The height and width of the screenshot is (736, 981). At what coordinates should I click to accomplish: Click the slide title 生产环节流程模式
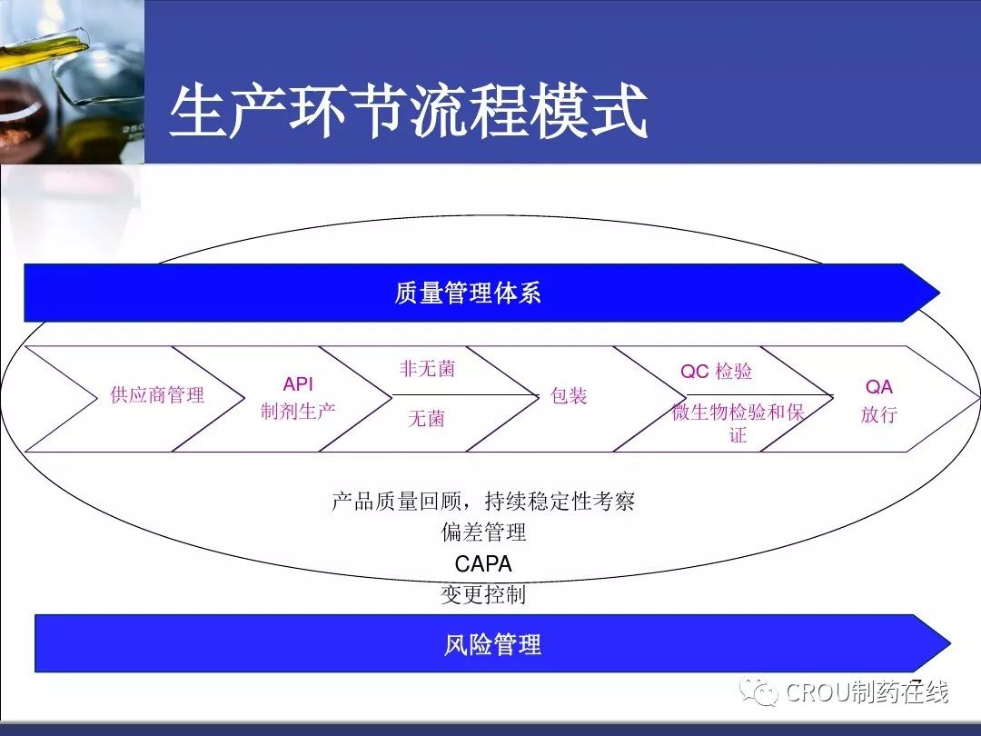click(x=409, y=112)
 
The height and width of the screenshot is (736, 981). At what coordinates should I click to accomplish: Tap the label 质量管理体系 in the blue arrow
click(x=468, y=293)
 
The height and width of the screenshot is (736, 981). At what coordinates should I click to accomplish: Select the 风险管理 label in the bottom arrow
click(x=492, y=644)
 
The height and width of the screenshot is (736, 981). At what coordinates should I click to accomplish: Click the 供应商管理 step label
click(x=157, y=395)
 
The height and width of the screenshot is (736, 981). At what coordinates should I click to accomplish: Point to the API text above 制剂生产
click(x=298, y=383)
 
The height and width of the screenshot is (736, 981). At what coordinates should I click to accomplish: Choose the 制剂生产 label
click(x=298, y=412)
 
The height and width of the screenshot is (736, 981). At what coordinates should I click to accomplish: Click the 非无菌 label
click(x=427, y=369)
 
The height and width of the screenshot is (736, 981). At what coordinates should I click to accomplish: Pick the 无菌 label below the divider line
click(x=426, y=418)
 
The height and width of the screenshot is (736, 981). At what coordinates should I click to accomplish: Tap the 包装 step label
click(x=568, y=395)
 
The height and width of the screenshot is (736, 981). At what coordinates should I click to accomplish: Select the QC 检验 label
click(x=717, y=371)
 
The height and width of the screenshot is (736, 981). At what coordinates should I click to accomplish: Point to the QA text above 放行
click(x=879, y=387)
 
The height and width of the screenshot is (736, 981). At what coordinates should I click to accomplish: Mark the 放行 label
click(x=879, y=414)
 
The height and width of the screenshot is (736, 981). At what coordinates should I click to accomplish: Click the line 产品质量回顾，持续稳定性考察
click(x=483, y=502)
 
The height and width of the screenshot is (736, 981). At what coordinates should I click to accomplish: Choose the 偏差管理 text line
click(x=483, y=532)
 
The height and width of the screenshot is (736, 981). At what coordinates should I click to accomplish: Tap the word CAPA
click(x=483, y=564)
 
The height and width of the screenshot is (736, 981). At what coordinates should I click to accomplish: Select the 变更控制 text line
click(x=483, y=594)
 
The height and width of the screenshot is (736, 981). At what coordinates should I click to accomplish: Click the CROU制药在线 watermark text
click(x=867, y=692)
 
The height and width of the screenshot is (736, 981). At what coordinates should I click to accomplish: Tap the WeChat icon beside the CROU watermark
click(x=758, y=691)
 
